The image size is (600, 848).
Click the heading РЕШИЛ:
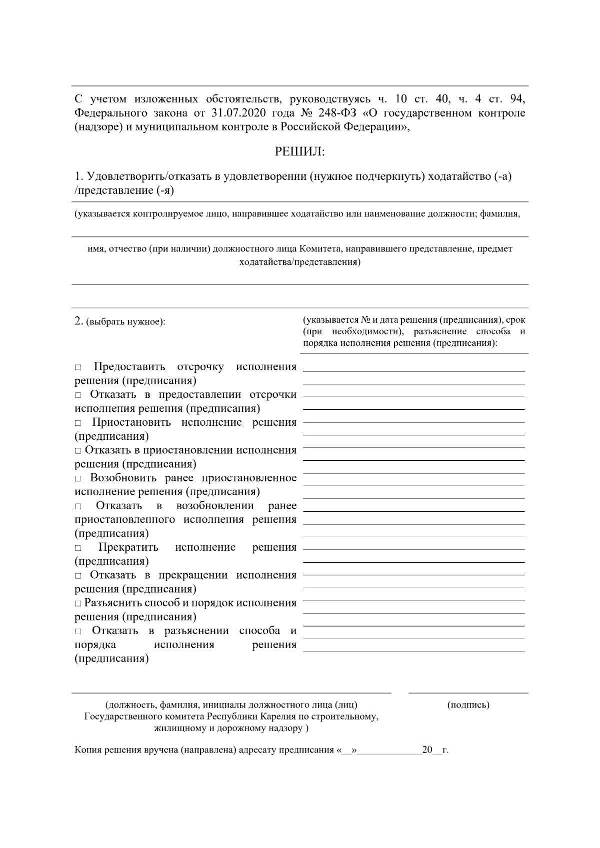click(x=299, y=151)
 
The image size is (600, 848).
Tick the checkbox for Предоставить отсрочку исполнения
click(x=78, y=368)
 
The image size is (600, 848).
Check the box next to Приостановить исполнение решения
click(x=78, y=423)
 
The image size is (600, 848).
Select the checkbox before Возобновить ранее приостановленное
click(x=78, y=479)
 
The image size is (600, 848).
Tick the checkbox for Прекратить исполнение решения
click(x=78, y=548)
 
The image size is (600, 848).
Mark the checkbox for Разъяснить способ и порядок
click(x=78, y=604)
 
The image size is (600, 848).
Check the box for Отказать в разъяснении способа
click(x=78, y=632)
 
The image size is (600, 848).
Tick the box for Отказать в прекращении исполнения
click(x=78, y=576)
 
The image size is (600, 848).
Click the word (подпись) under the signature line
click(x=468, y=705)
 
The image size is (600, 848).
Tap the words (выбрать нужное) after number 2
click(x=125, y=322)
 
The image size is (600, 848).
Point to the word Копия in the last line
click(x=86, y=750)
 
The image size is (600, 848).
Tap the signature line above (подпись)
click(x=468, y=693)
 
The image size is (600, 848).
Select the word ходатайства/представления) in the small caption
click(x=299, y=262)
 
